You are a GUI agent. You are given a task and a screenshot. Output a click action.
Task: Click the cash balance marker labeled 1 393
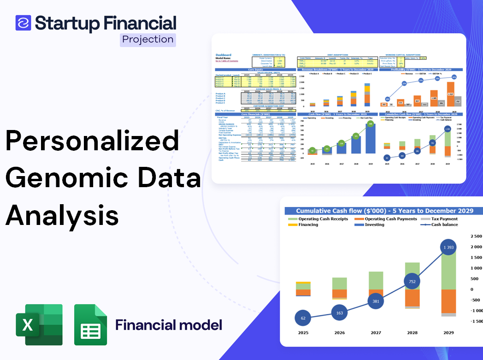pyautogui.click(x=448, y=248)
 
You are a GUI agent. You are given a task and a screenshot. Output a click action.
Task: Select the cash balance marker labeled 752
pyautogui.click(x=413, y=281)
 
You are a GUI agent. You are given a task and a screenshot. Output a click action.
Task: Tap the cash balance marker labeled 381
pyautogui.click(x=376, y=301)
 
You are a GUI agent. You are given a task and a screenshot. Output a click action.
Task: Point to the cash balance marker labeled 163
pyautogui.click(x=340, y=313)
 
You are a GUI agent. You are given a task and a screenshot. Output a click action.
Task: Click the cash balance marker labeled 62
pyautogui.click(x=303, y=318)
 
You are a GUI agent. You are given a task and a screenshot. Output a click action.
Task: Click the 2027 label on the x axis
pyautogui.click(x=376, y=332)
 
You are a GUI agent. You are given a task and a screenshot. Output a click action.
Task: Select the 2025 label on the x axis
pyautogui.click(x=303, y=332)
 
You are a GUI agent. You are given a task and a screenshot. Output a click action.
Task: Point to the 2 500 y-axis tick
pyautogui.click(x=476, y=236)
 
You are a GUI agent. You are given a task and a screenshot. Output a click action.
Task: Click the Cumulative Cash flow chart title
pyautogui.click(x=384, y=211)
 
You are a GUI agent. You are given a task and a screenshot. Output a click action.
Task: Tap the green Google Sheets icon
pyautogui.click(x=90, y=325)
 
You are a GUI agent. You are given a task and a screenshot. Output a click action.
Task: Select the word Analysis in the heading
pyautogui.click(x=62, y=215)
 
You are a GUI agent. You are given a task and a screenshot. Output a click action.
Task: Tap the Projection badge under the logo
pyautogui.click(x=147, y=40)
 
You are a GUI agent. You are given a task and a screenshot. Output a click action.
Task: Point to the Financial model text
pyautogui.click(x=168, y=325)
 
